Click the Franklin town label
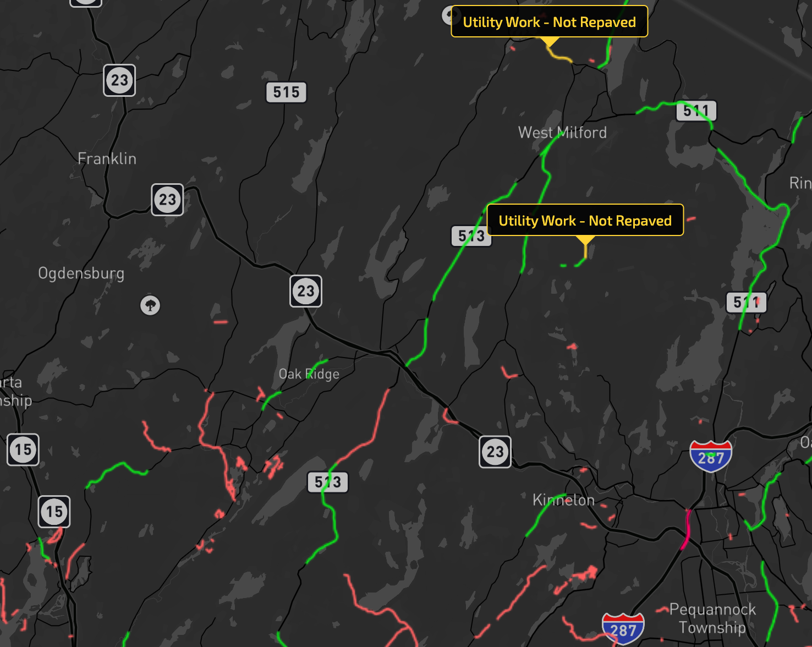pyautogui.click(x=107, y=158)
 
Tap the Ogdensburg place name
pyautogui.click(x=81, y=273)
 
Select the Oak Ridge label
pyautogui.click(x=309, y=374)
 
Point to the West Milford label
pyautogui.click(x=562, y=133)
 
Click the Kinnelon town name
pyautogui.click(x=563, y=500)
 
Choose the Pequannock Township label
pyautogui.click(x=712, y=618)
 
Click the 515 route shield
pyautogui.click(x=286, y=92)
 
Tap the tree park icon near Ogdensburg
pyautogui.click(x=150, y=305)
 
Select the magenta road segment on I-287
pyautogui.click(x=685, y=529)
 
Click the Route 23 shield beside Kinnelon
pyautogui.click(x=495, y=452)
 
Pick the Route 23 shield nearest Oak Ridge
pyautogui.click(x=306, y=291)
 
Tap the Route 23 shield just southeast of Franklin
pyautogui.click(x=167, y=200)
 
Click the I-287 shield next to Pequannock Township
pyautogui.click(x=623, y=628)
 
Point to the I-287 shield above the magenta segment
pyautogui.click(x=711, y=456)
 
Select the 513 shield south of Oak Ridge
pyautogui.click(x=328, y=482)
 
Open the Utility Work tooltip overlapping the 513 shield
pyautogui.click(x=585, y=220)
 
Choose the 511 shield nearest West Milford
pyautogui.click(x=696, y=111)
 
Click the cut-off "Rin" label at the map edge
pyautogui.click(x=800, y=183)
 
